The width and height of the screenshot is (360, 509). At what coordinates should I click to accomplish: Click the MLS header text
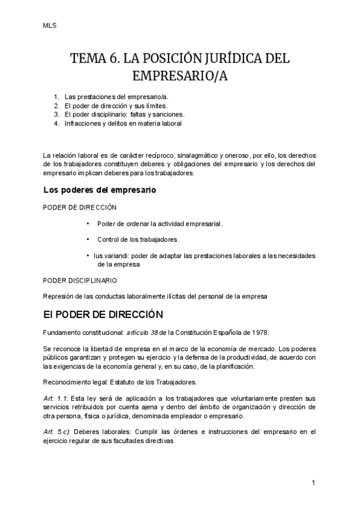click(50, 26)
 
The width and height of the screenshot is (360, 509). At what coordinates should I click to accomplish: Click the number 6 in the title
click(115, 59)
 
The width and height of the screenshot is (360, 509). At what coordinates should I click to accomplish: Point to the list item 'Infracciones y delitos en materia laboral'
click(122, 123)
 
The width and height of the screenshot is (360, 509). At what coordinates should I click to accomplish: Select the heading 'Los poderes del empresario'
click(100, 190)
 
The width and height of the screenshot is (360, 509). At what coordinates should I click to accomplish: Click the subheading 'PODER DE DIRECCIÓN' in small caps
click(80, 207)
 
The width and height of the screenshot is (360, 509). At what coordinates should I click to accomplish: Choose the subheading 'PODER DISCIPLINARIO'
click(80, 280)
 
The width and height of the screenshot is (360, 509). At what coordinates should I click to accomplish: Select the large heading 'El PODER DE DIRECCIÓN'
click(103, 314)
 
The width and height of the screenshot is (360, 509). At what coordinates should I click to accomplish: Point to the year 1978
click(260, 333)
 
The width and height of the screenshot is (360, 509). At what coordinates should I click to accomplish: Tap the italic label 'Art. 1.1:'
click(57, 399)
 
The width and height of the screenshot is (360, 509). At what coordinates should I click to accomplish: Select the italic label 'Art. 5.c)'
click(58, 432)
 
